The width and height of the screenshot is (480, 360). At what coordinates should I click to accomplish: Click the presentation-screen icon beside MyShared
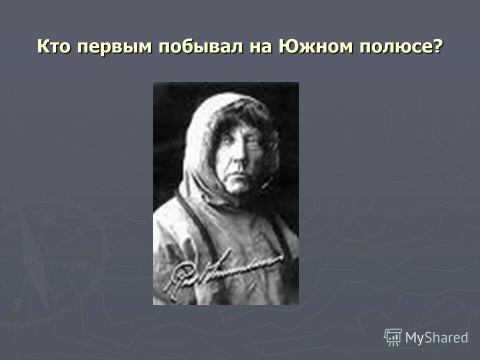pyautogui.click(x=392, y=337)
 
